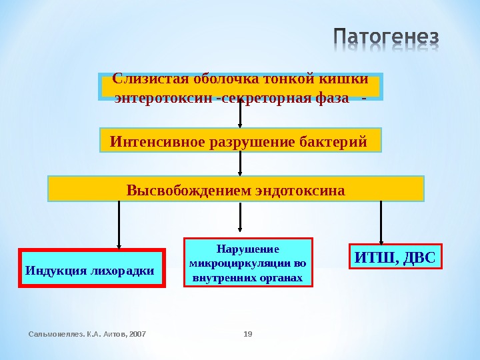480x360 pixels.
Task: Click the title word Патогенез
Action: pos(385,39)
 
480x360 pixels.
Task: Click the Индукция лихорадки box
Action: pos(91,269)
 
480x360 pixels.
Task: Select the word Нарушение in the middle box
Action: pos(247,249)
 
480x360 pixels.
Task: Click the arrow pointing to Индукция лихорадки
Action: pos(119,225)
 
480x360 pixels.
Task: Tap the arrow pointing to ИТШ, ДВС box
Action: pos(381,223)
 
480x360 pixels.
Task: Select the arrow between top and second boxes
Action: pos(240,113)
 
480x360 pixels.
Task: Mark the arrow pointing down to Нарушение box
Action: pos(240,219)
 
